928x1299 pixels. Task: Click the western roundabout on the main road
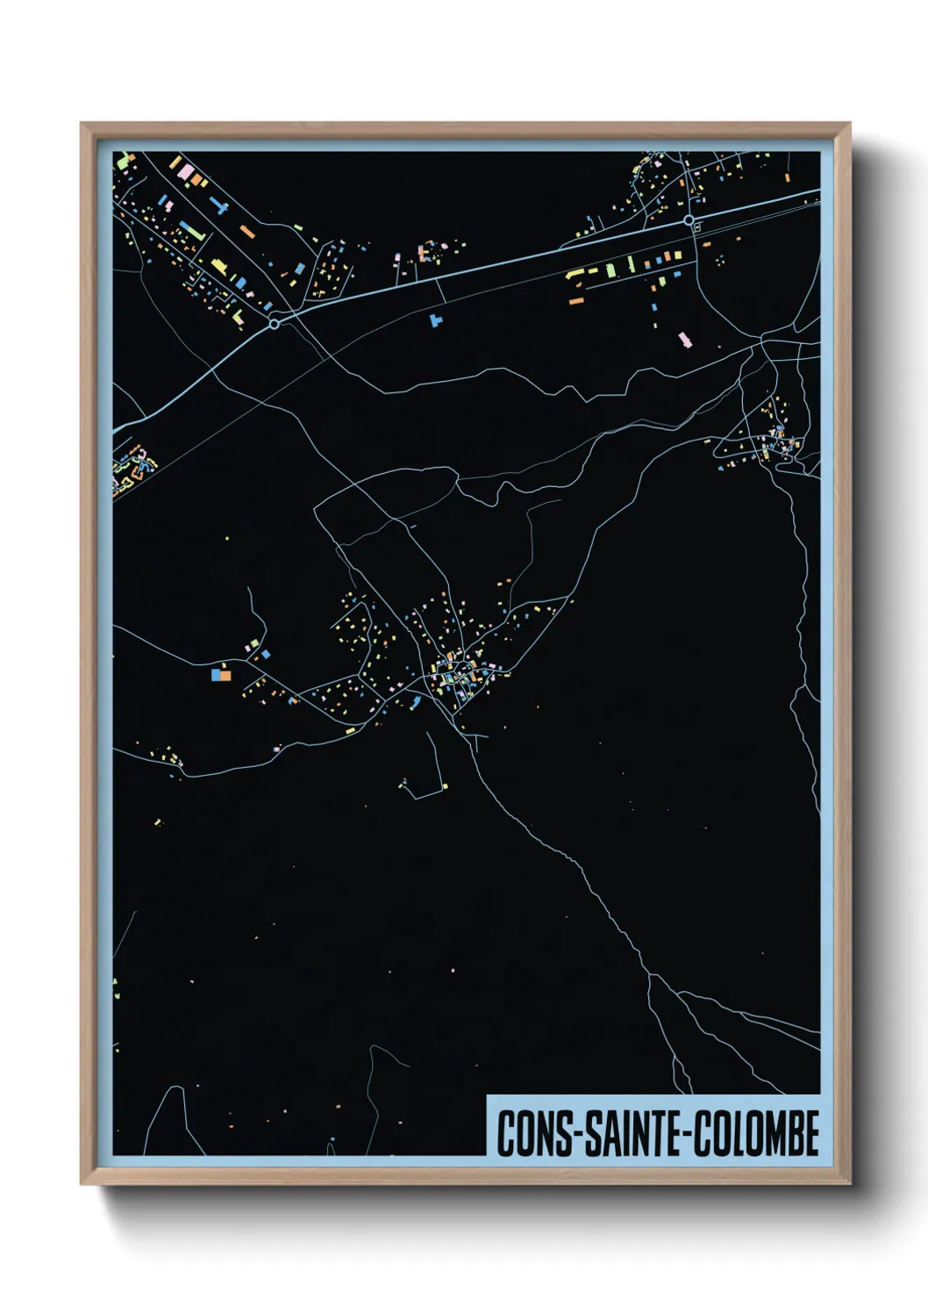tap(275, 324)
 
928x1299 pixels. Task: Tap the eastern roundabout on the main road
tap(689, 219)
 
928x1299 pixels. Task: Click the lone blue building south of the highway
tap(434, 320)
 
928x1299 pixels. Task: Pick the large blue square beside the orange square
tap(215, 675)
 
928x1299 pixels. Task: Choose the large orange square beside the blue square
tap(225, 676)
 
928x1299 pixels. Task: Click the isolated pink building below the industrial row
tap(684, 339)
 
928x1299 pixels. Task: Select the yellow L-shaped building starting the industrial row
tap(575, 274)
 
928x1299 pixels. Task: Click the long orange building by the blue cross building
tap(247, 232)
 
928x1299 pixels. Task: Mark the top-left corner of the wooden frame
tap(82, 124)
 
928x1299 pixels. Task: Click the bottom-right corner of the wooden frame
tap(850, 1184)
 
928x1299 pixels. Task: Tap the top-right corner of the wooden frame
tap(850, 124)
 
